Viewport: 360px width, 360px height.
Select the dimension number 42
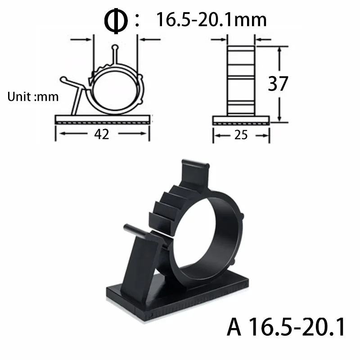point(102,134)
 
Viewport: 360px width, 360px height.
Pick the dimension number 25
point(241,135)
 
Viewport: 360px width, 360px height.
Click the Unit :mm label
point(33,97)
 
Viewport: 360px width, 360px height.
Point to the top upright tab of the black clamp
point(195,173)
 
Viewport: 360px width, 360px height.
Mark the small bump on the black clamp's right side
point(242,217)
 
